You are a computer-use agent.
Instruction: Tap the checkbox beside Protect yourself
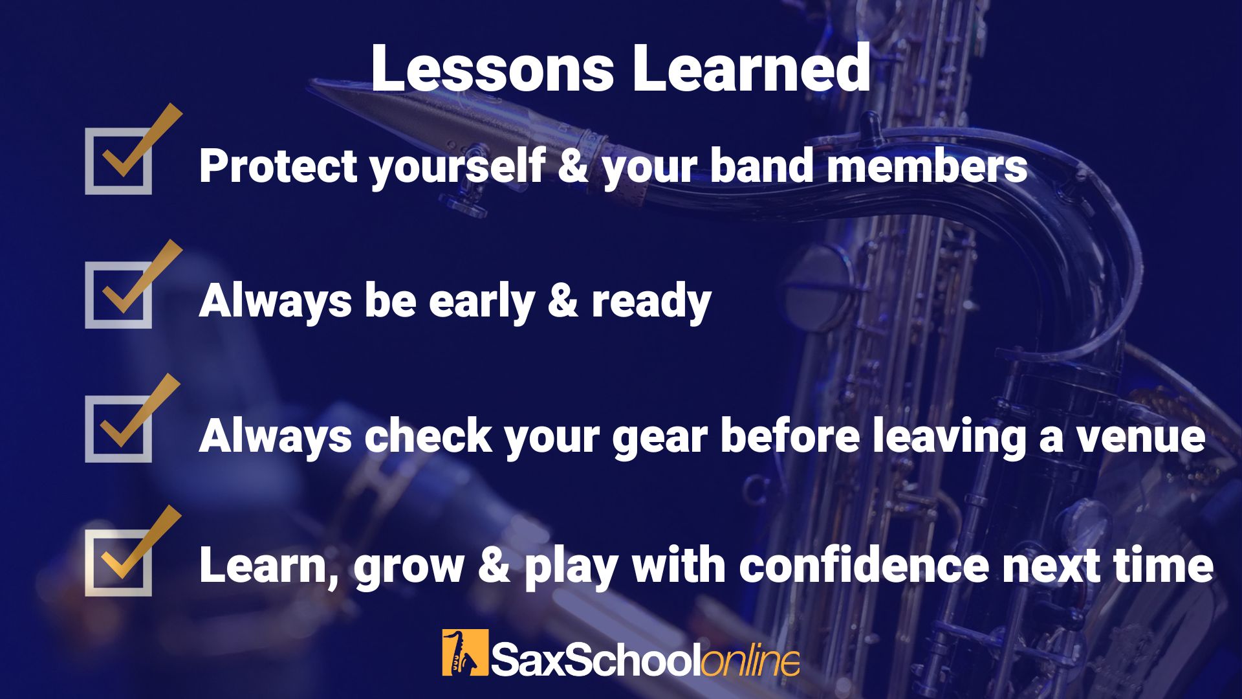tap(118, 161)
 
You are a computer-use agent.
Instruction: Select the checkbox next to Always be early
tap(118, 295)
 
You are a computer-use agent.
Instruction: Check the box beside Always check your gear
tap(118, 429)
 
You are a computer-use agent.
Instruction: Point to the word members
tap(927, 166)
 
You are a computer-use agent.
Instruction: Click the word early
tap(482, 302)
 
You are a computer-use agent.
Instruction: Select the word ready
tap(651, 302)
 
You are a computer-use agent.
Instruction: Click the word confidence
tap(864, 565)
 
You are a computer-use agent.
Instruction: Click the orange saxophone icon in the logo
tap(465, 652)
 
